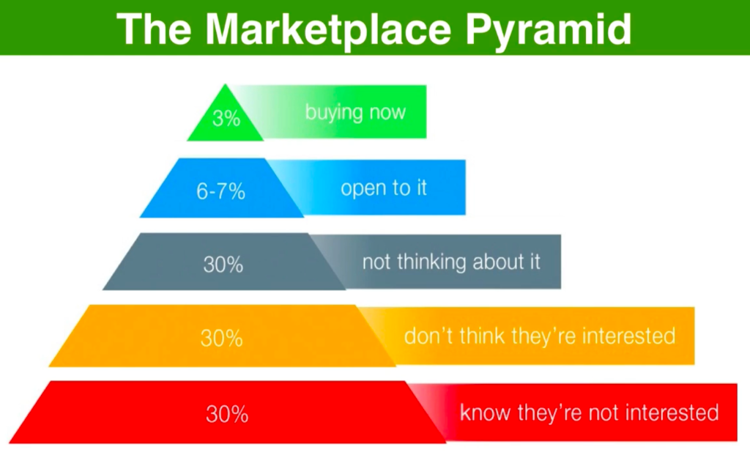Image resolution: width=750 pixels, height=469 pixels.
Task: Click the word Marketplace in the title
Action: coord(329,29)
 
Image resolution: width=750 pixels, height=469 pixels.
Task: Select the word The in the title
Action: coord(154,29)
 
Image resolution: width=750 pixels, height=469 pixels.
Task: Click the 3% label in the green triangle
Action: coord(226,118)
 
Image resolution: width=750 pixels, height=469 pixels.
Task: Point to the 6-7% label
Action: coord(220,191)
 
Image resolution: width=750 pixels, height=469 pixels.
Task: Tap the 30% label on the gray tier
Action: coord(223,265)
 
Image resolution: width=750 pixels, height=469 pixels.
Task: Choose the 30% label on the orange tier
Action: coord(221,339)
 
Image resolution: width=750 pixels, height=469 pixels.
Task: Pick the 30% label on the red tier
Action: coord(227,414)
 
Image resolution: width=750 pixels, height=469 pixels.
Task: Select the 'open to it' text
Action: coord(384,188)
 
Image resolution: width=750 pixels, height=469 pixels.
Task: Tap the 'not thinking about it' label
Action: coord(451,262)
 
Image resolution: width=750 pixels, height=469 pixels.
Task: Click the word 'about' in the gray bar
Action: coord(497,262)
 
